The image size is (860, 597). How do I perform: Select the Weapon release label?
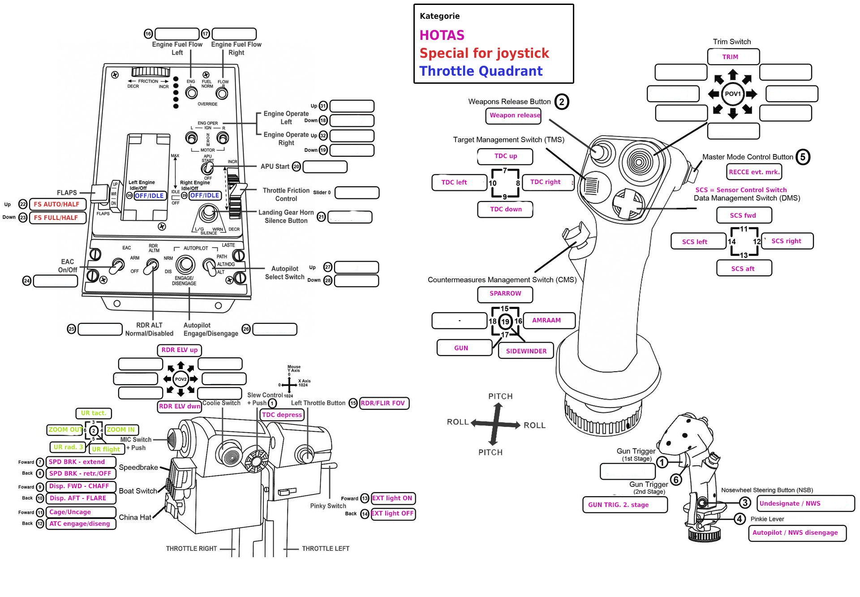coord(514,116)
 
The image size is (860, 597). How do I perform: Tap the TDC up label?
coord(505,156)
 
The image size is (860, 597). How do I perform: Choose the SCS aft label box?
coord(744,269)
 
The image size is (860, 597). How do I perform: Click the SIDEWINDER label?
coord(526,351)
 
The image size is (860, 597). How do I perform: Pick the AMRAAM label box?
coord(547,321)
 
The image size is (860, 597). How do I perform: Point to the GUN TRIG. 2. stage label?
coord(624,505)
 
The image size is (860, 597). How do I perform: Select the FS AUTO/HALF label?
coord(57,204)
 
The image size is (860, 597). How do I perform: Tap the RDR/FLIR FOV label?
coord(383,403)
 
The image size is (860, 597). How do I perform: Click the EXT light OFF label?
coord(393,514)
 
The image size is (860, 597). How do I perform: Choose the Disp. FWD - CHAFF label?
coord(80,486)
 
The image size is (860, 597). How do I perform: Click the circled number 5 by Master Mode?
coord(803,157)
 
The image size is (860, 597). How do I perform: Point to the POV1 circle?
coord(733,94)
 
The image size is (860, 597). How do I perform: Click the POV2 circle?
coord(181,379)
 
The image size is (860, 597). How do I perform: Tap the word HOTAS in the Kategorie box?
coord(442,35)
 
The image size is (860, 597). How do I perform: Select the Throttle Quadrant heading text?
coord(481,71)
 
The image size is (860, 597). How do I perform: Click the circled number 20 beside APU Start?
coord(296,167)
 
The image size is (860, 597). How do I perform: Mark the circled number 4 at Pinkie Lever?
coord(740,519)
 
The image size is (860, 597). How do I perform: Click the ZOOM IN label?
coord(121,430)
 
